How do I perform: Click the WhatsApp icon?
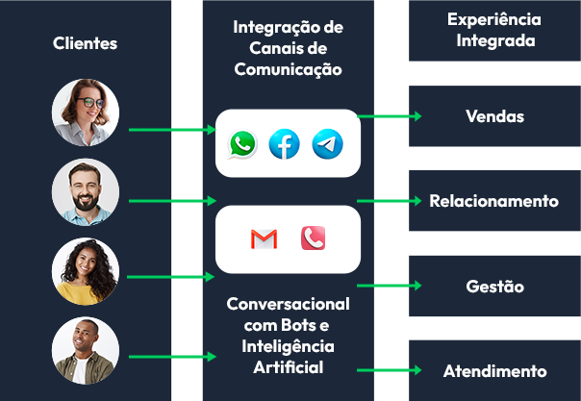242,144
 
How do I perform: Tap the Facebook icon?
285,144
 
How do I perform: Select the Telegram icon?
327,144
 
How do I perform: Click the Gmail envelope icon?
264,238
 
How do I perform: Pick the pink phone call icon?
313,238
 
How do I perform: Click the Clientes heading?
86,43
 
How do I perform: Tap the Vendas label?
494,116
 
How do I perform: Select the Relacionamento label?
493,201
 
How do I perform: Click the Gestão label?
494,286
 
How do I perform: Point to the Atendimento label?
494,370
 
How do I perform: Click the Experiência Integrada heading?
494,30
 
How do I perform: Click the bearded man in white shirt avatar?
86,191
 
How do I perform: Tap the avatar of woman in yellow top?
86,271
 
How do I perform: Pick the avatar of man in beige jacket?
86,351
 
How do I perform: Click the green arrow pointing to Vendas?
390,116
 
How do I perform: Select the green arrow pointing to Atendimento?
390,370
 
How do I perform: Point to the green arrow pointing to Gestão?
390,286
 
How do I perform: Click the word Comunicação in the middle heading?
289,69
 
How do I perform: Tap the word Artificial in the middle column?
289,366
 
